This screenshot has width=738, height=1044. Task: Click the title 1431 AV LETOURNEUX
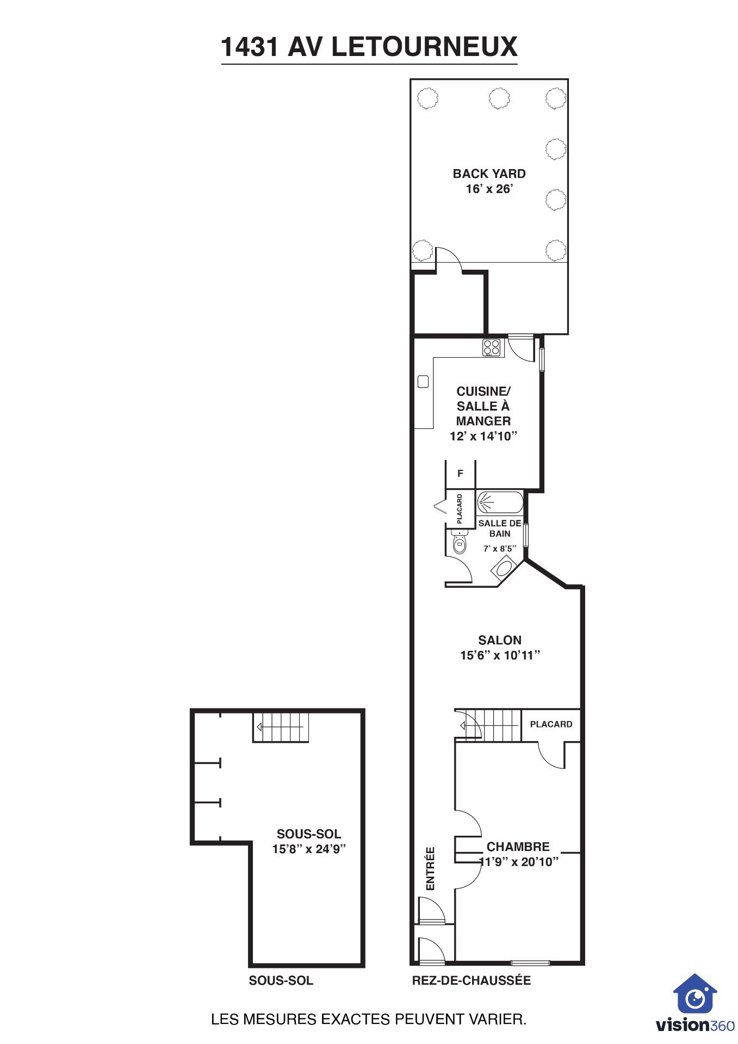369,47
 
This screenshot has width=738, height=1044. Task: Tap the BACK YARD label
489,173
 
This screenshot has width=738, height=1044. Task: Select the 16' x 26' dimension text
489,189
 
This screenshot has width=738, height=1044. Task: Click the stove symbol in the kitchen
492,347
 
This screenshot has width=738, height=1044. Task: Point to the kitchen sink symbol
423,381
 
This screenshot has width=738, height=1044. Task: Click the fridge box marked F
460,474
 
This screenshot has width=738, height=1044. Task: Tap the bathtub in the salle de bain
500,502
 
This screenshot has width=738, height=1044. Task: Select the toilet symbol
459,542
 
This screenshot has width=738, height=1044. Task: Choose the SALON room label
500,640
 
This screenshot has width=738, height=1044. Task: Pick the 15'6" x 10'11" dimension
500,655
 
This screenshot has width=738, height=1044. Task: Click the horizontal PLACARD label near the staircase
551,724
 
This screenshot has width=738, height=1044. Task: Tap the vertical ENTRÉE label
430,868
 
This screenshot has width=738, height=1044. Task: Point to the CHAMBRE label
518,847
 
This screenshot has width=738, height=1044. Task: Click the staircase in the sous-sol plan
281,727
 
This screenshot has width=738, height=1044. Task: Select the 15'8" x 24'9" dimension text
309,849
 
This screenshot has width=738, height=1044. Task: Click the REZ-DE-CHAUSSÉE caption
472,980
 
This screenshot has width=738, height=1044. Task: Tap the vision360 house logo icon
695,993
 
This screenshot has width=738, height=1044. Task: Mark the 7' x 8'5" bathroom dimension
499,549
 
